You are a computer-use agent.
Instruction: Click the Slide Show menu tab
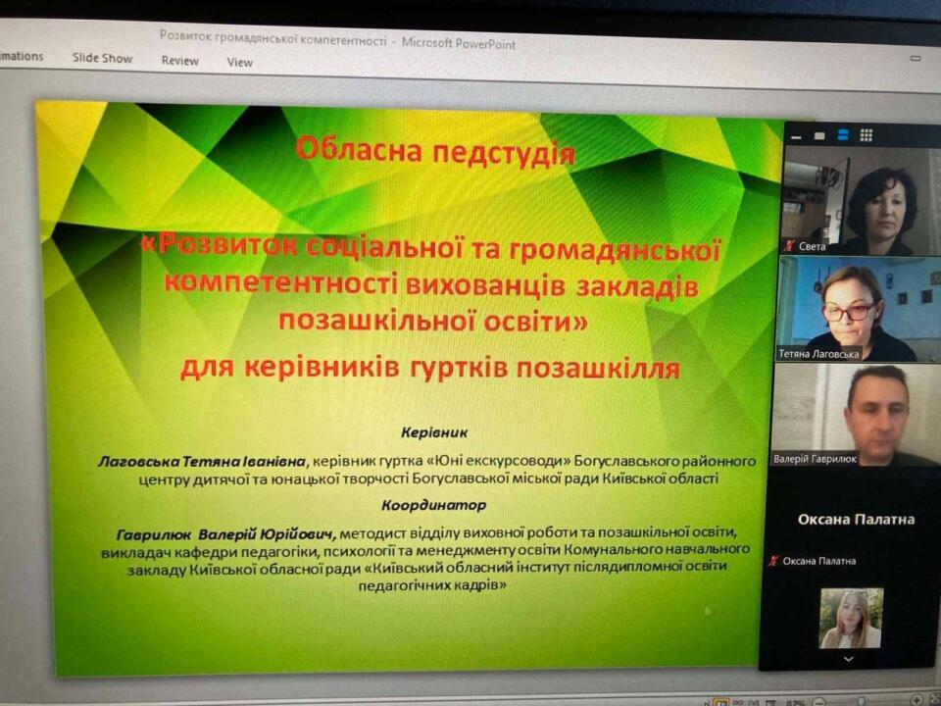pyautogui.click(x=103, y=58)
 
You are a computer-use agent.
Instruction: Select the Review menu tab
pyautogui.click(x=180, y=61)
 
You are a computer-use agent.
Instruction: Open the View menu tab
pyautogui.click(x=239, y=62)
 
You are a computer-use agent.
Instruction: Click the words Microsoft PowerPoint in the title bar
pyautogui.click(x=459, y=43)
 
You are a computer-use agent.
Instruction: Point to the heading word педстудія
pyautogui.click(x=504, y=153)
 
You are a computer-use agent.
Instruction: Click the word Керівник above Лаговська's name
pyautogui.click(x=434, y=432)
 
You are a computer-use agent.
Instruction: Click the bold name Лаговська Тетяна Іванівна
pyautogui.click(x=202, y=461)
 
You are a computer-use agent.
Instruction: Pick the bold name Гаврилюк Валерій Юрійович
pyautogui.click(x=226, y=533)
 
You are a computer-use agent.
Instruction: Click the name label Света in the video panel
pyautogui.click(x=812, y=246)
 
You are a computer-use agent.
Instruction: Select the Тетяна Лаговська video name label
pyautogui.click(x=818, y=354)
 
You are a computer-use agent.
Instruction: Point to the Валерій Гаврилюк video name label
pyautogui.click(x=815, y=459)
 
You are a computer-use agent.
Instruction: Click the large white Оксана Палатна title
pyautogui.click(x=857, y=520)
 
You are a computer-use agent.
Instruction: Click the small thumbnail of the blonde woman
pyautogui.click(x=851, y=619)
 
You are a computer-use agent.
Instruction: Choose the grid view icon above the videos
pyautogui.click(x=866, y=135)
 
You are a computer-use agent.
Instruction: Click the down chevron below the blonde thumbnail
pyautogui.click(x=848, y=659)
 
